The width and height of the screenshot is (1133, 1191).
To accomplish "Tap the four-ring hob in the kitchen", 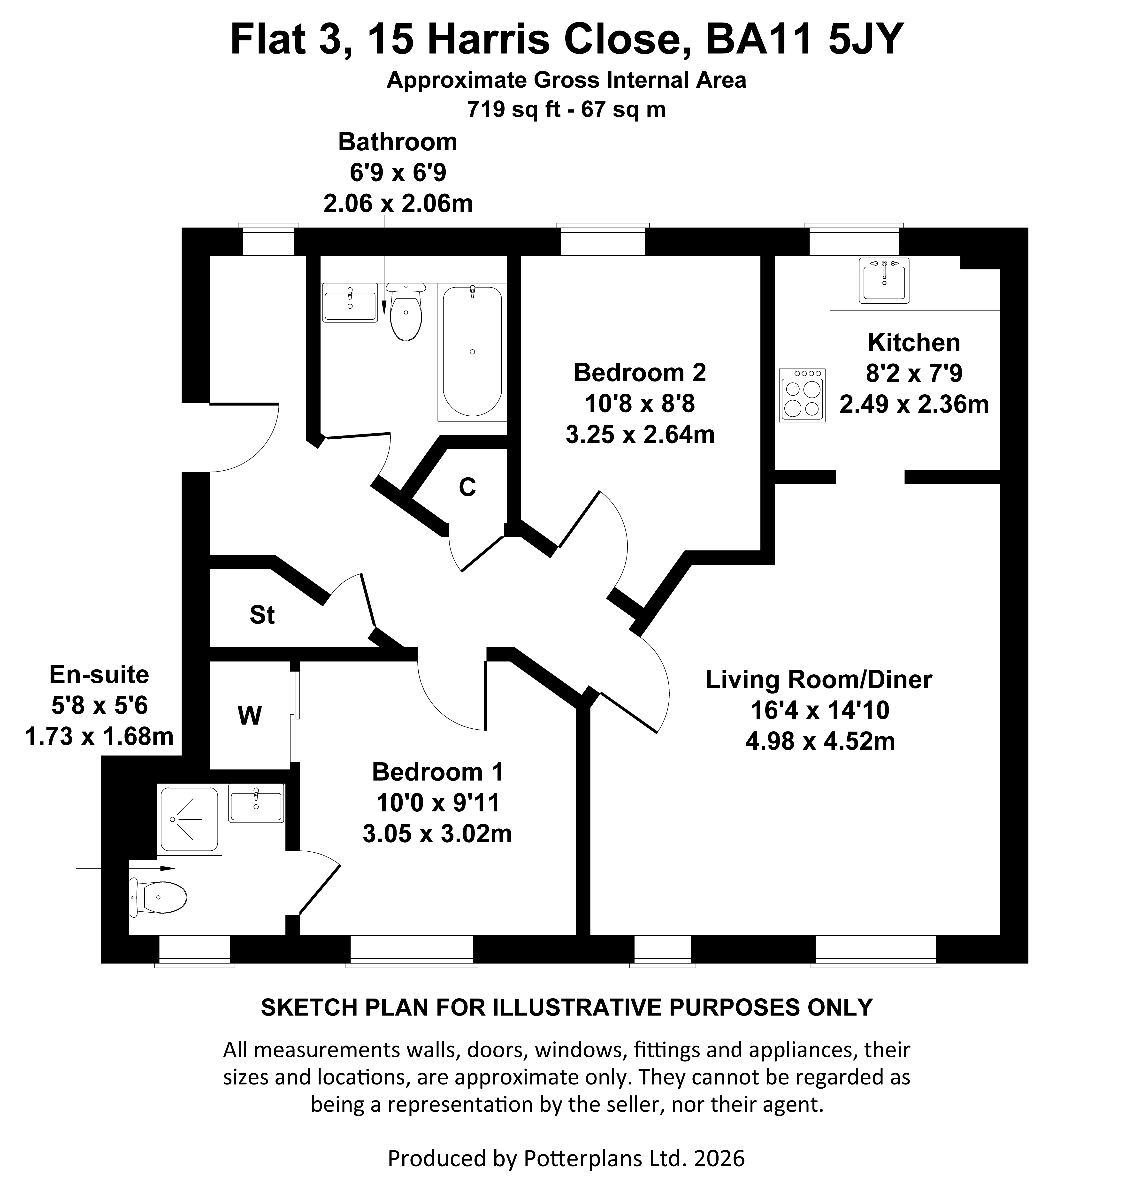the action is click(802, 396).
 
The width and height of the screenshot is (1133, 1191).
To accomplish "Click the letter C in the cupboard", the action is click(467, 487).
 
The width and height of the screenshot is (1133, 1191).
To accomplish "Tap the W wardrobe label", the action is click(249, 716).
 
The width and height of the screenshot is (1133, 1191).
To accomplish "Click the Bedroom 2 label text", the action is click(640, 373).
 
